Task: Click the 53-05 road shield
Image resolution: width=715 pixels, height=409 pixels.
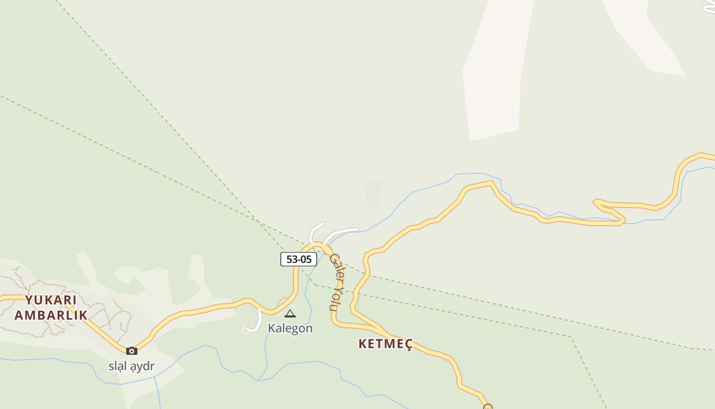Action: (x=299, y=259)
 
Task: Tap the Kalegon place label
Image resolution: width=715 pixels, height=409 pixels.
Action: (x=290, y=328)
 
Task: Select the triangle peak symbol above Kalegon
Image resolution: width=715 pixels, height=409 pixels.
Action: (x=290, y=313)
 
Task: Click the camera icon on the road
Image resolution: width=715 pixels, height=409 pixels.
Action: (x=132, y=351)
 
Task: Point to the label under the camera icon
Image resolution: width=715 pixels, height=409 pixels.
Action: (x=131, y=366)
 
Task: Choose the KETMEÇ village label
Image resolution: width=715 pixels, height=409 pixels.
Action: (x=385, y=344)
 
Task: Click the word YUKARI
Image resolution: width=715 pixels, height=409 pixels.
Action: (x=51, y=300)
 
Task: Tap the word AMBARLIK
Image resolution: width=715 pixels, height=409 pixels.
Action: (x=51, y=315)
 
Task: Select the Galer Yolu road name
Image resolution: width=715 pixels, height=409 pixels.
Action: (x=337, y=281)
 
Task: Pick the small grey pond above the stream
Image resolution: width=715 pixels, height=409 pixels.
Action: (x=373, y=193)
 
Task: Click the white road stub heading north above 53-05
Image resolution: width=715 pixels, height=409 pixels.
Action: (x=314, y=230)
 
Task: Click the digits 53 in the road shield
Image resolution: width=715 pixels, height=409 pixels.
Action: (x=292, y=259)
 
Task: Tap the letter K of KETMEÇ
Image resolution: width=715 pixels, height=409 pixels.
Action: (x=363, y=344)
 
